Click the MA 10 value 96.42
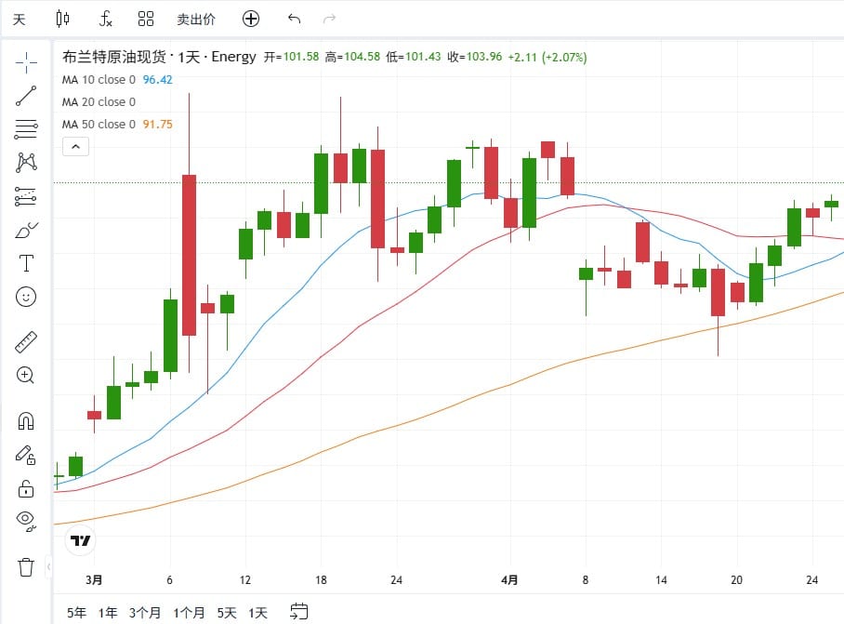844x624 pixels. coord(157,80)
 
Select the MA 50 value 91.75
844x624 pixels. coord(157,125)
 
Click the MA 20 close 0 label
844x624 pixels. coord(99,102)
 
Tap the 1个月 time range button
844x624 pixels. coord(189,613)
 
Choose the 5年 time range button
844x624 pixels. coord(77,613)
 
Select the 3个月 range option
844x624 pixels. coord(145,613)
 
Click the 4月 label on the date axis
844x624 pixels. coord(508,580)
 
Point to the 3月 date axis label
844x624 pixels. coord(94,580)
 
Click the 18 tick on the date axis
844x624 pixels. coord(321,580)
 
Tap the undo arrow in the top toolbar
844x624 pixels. coord(295,19)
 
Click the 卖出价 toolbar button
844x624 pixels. coord(196,19)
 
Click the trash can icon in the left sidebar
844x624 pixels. coord(26,566)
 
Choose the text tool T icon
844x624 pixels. coord(26,263)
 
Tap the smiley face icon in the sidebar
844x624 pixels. coord(26,297)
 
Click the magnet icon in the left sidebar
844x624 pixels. coord(26,421)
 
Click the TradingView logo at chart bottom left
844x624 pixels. coord(81,540)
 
